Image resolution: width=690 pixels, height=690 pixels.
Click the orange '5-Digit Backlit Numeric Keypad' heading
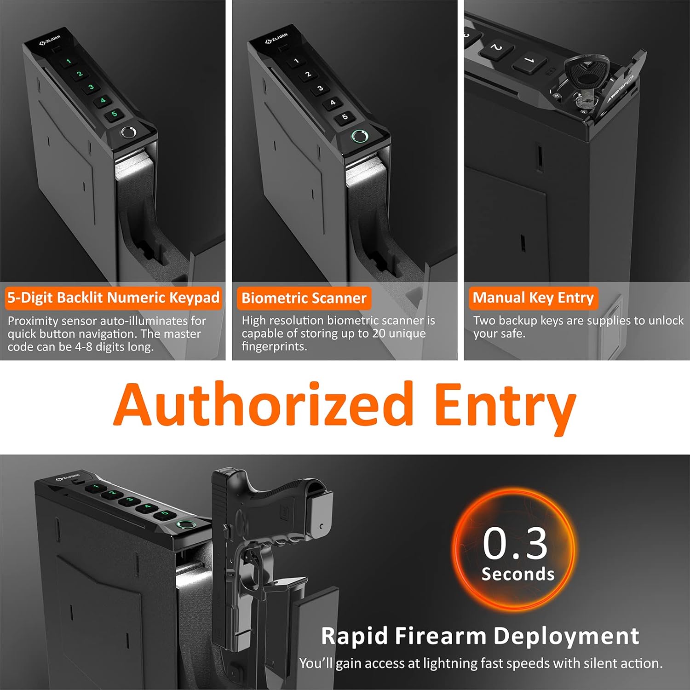pos(113,298)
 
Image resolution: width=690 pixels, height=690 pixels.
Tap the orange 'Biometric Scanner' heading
pos(304,298)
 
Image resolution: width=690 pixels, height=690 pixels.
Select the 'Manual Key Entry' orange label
pos(533,298)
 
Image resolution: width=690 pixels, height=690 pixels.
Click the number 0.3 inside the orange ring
pos(515,544)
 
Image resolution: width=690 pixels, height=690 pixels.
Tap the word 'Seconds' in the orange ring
pos(518,574)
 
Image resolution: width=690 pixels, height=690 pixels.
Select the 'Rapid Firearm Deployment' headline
pos(480,636)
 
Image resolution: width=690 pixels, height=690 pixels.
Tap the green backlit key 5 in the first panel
pos(114,114)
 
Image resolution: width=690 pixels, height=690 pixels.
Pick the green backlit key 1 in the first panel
pos(69,61)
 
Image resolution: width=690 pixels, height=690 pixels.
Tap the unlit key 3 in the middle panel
pos(320,88)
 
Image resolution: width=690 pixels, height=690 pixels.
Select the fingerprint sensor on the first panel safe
pos(128,133)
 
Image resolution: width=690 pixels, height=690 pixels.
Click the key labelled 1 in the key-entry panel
pos(529,60)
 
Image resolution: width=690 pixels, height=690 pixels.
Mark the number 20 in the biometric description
pos(379,333)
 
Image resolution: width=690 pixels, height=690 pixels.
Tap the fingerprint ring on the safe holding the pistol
pos(185,526)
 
